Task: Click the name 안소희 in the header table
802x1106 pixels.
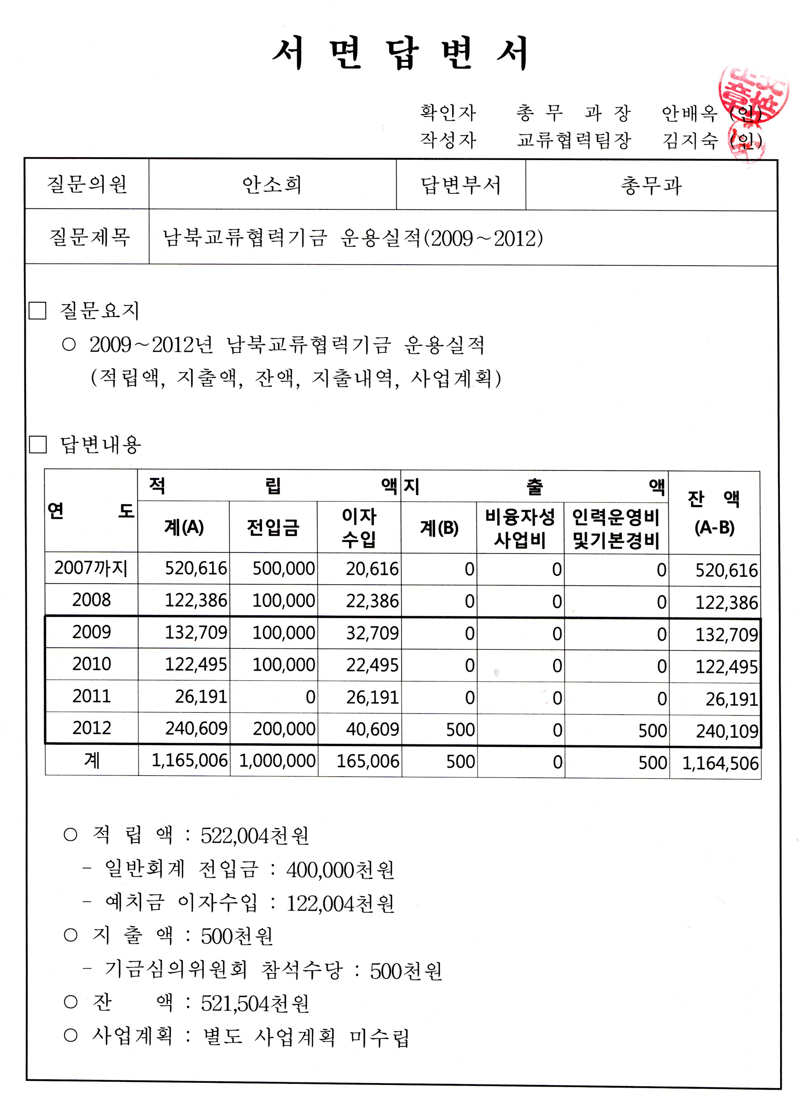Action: (272, 185)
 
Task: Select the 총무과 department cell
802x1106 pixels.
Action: (651, 186)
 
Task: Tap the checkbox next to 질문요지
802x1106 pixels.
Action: (38, 311)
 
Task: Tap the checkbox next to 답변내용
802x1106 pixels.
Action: (38, 444)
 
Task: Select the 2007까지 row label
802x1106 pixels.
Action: (91, 568)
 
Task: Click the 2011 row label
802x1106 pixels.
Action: (92, 696)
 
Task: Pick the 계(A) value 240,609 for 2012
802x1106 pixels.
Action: (196, 729)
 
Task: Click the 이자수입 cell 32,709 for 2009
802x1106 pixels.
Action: (372, 633)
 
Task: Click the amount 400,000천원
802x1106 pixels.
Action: (340, 870)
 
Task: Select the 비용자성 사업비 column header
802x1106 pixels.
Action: (520, 528)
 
